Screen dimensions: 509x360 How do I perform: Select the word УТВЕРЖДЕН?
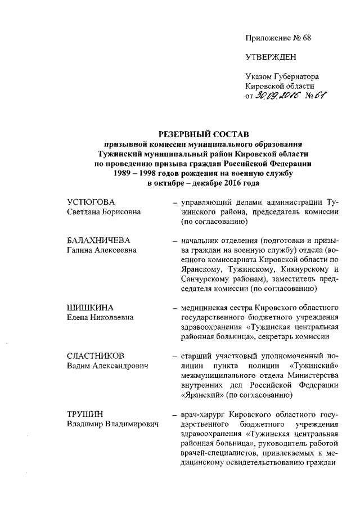pos(271,57)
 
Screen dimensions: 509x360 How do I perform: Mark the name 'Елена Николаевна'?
pos(96,317)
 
